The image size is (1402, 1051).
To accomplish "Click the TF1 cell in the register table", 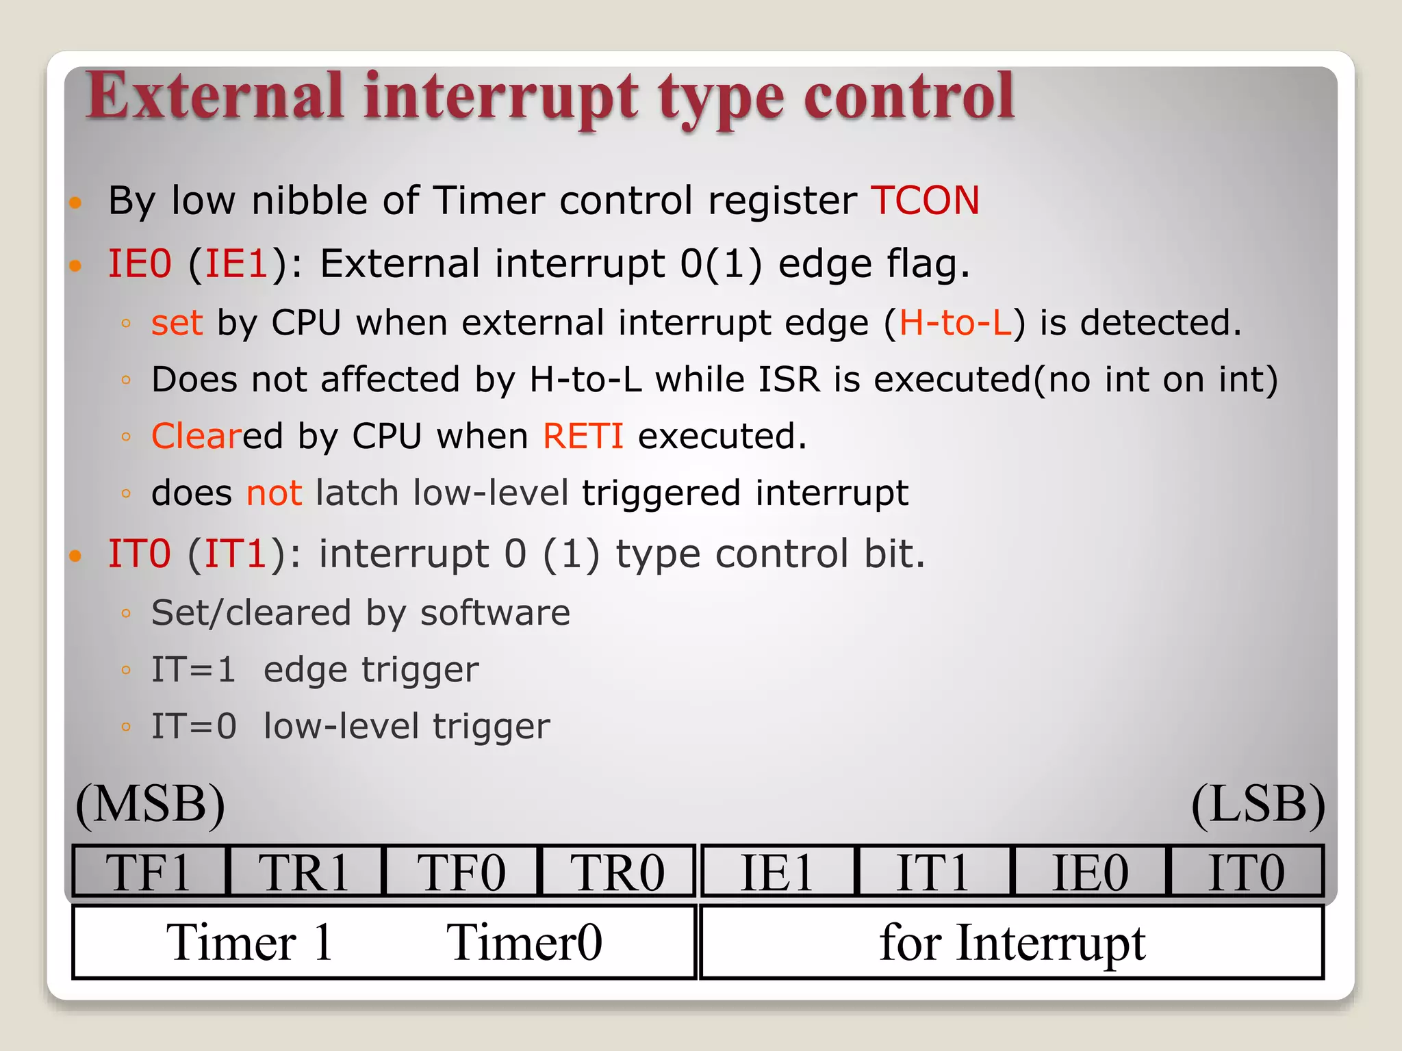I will (149, 871).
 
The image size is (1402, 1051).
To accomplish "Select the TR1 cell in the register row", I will (305, 871).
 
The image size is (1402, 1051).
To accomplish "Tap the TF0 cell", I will (461, 871).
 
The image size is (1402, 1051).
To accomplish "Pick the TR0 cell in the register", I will (617, 871).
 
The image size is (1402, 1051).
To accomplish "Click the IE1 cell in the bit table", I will (778, 871).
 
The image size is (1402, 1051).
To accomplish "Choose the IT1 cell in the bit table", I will (933, 871).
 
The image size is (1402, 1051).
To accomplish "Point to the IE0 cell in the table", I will (1090, 871).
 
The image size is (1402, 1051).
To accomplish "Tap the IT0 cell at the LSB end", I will (1246, 871).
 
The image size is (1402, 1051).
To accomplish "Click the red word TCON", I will (925, 200).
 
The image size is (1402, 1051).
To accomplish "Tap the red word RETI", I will (583, 436).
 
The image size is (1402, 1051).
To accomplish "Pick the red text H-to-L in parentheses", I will (955, 322).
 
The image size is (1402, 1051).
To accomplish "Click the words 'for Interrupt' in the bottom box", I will (1012, 942).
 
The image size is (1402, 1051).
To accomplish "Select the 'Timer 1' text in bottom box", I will (249, 942).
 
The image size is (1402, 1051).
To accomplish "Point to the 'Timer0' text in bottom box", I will (524, 942).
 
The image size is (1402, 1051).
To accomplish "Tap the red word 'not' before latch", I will (274, 493).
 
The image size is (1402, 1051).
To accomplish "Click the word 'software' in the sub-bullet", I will (495, 612).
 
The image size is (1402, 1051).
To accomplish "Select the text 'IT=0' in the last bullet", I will (194, 726).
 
